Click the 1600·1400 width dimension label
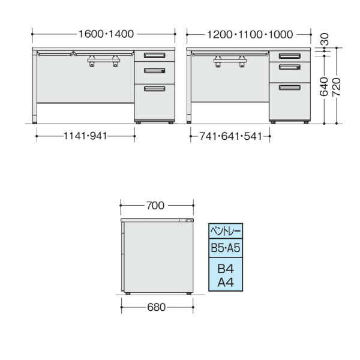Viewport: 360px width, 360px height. (106, 34)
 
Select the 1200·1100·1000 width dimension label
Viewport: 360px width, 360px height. (250, 35)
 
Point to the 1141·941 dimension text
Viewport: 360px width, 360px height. (85, 136)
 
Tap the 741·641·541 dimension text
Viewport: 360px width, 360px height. (230, 136)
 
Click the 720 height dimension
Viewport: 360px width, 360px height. (337, 87)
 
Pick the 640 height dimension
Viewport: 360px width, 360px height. (324, 86)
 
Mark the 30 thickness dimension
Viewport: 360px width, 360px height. (325, 39)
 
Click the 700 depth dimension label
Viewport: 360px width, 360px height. (155, 205)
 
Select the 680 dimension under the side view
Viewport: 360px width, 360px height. (157, 307)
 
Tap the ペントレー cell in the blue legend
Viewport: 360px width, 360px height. (226, 231)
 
